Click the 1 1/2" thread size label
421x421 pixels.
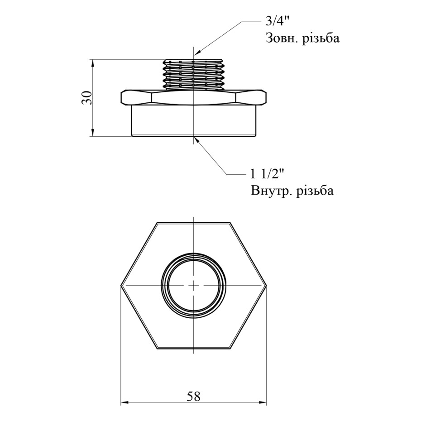click(267, 175)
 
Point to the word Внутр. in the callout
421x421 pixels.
click(271, 191)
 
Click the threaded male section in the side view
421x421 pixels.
click(194, 74)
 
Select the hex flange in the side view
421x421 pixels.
click(194, 97)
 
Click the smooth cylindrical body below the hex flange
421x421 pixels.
click(194, 120)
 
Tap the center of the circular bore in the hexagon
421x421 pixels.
click(194, 286)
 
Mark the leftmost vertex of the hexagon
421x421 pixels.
click(121, 286)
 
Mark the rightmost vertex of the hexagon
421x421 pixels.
click(266, 286)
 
